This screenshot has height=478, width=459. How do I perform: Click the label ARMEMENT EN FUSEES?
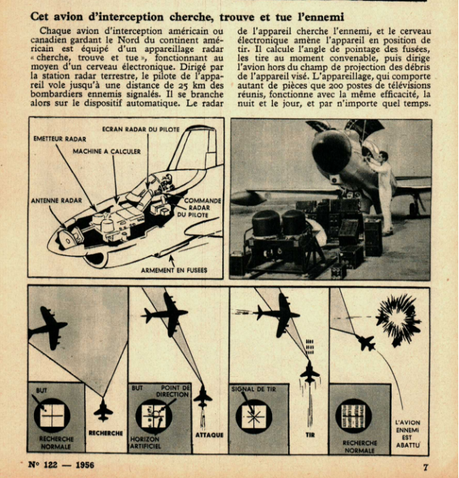(174, 270)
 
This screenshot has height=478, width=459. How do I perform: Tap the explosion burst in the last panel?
(397, 320)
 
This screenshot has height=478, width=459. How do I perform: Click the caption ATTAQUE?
(209, 435)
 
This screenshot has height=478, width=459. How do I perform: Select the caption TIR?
(308, 435)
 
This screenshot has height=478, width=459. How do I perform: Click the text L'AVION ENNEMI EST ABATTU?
(408, 435)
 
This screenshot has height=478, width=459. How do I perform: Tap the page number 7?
(426, 467)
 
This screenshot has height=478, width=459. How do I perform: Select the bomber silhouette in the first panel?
(49, 327)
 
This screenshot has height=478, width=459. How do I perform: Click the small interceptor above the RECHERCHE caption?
(104, 411)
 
